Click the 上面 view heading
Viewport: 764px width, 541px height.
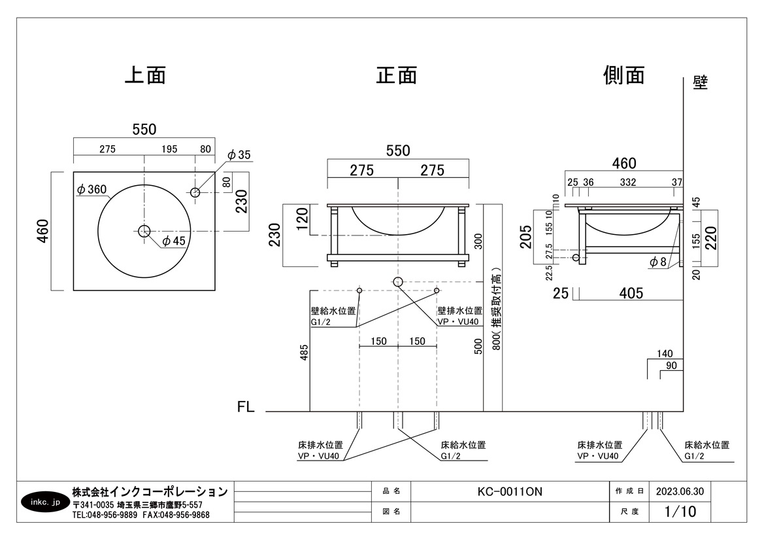pyautogui.click(x=144, y=75)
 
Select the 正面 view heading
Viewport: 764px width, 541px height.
pyautogui.click(x=397, y=75)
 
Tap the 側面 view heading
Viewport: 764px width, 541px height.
pyautogui.click(x=623, y=75)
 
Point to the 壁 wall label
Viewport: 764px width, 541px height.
pyautogui.click(x=700, y=83)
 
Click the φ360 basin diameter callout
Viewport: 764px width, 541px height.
pyautogui.click(x=91, y=190)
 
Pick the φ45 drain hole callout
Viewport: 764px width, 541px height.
pyautogui.click(x=173, y=241)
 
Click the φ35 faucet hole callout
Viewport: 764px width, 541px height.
pyautogui.click(x=239, y=155)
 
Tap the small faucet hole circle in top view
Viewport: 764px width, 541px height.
pyautogui.click(x=195, y=192)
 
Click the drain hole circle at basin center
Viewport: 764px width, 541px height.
pyautogui.click(x=144, y=230)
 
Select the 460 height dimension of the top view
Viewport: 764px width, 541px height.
pyautogui.click(x=43, y=231)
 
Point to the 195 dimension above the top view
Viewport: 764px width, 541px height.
pyautogui.click(x=169, y=149)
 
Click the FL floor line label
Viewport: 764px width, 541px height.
pyautogui.click(x=246, y=407)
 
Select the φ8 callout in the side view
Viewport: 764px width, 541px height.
pyautogui.click(x=658, y=262)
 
